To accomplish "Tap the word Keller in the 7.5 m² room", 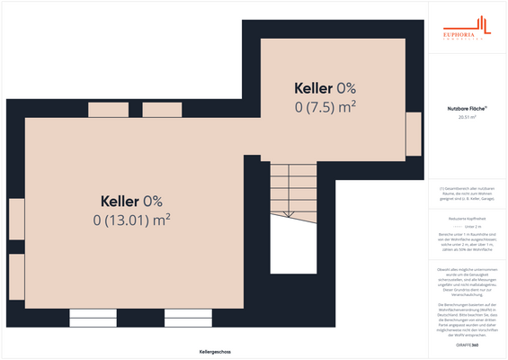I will (315, 88).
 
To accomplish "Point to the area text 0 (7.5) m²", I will (325, 106).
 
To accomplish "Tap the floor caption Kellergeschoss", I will (216, 351).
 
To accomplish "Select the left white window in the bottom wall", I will (94, 317).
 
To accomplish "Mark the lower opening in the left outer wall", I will (16, 276).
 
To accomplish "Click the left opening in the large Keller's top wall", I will (107, 111).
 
